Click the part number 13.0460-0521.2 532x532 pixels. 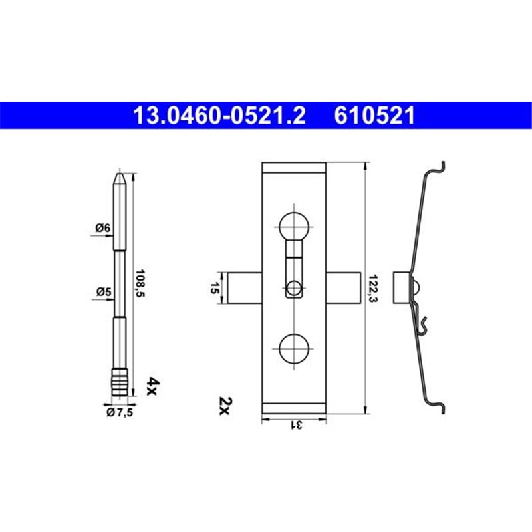[219, 116]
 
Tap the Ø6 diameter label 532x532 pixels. [102, 228]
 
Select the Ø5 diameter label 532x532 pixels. [102, 291]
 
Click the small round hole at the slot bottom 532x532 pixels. [293, 289]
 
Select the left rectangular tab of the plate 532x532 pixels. [245, 288]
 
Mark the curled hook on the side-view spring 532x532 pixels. [422, 324]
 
